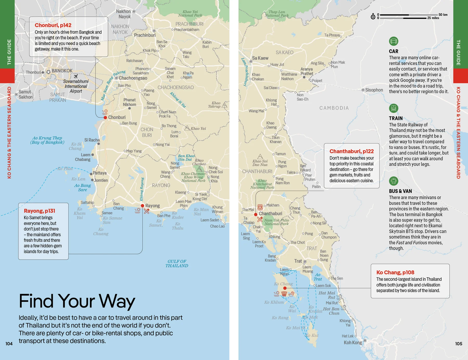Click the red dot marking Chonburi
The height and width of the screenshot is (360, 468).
point(105,118)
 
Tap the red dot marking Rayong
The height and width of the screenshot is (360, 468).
point(142,206)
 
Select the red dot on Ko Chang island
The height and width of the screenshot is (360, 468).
point(285,288)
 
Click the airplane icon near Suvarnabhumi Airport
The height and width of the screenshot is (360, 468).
point(76,76)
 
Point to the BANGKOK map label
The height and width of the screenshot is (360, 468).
point(62,71)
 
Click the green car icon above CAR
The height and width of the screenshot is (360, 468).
point(394,41)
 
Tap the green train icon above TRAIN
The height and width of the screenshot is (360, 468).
point(394,108)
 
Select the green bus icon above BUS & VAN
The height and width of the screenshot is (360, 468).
point(394,181)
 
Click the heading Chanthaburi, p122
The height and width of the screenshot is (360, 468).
point(352,151)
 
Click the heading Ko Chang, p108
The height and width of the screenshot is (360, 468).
point(395,272)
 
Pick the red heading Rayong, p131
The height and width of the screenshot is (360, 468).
point(40,211)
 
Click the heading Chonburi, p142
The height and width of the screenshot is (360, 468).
point(53,25)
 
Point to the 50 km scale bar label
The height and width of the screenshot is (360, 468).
point(443,15)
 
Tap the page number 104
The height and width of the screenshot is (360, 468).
point(9,344)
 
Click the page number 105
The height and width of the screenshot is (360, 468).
point(459,344)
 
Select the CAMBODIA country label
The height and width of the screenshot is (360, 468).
point(334,108)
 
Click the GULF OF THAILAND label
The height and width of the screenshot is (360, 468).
point(177,263)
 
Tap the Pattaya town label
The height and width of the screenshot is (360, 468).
point(100,173)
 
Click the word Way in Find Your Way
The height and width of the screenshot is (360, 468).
point(117,301)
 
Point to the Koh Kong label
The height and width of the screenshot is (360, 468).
point(353,342)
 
